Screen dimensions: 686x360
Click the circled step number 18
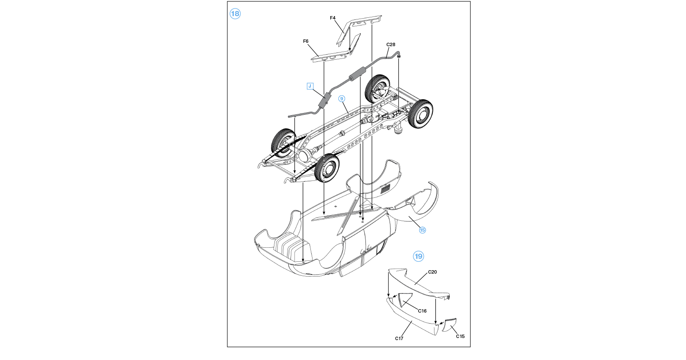[235, 14]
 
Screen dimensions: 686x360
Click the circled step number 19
[418, 256]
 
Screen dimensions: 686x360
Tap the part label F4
[332, 18]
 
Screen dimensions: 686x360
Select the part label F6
[306, 41]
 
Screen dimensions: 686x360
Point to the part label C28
[390, 44]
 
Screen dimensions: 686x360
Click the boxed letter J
[310, 86]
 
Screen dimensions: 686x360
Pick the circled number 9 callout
[342, 99]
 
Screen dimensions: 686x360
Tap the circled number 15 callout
[422, 230]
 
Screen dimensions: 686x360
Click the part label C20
[432, 272]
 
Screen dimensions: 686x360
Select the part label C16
[422, 311]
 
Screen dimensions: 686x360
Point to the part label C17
[399, 338]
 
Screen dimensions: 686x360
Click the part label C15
[460, 336]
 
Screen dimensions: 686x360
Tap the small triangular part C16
[404, 298]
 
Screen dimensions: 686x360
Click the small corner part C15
[450, 325]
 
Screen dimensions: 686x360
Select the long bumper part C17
[410, 318]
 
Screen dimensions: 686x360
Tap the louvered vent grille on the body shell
[386, 189]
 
